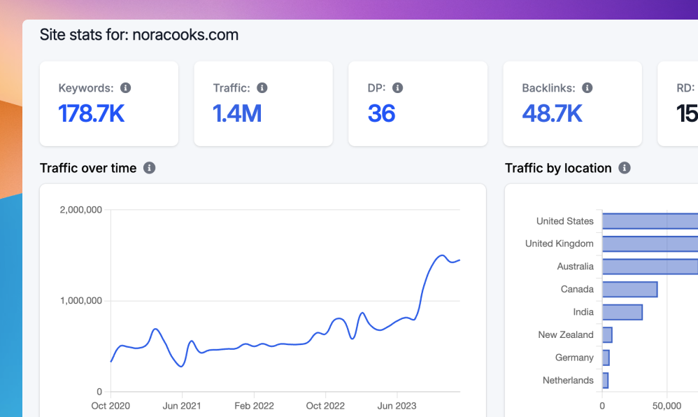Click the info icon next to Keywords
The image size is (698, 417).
tap(126, 88)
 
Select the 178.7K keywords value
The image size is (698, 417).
tap(92, 113)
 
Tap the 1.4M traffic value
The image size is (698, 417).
tap(237, 113)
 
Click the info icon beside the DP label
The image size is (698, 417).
tap(397, 88)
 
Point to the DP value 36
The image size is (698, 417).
tap(381, 113)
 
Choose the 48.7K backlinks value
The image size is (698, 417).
tap(552, 113)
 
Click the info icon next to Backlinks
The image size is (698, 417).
tap(587, 88)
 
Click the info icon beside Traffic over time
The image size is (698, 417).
tap(149, 168)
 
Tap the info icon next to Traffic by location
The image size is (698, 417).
tap(625, 168)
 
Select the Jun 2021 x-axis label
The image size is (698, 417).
tap(182, 406)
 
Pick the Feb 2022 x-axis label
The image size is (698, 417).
tap(253, 406)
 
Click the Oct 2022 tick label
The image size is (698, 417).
tap(325, 406)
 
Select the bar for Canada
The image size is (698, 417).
tap(629, 290)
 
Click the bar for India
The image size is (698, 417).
tap(622, 312)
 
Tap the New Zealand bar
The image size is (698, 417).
tap(607, 335)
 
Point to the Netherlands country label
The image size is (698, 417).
tap(568, 381)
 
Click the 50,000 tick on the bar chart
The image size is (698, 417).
tap(667, 406)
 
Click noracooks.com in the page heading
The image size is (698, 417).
tap(185, 34)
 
